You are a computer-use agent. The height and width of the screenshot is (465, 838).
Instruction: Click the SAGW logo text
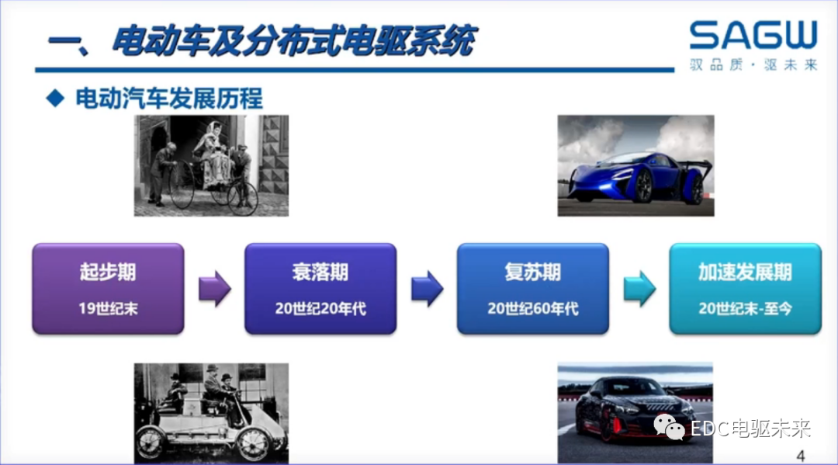(753, 36)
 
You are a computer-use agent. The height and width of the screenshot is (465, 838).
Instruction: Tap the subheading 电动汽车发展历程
(169, 99)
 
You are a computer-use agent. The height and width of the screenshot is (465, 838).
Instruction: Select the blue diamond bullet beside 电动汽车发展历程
(54, 98)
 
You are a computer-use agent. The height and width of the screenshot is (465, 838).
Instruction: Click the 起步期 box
(108, 289)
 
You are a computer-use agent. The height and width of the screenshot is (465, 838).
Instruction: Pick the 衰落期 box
(320, 289)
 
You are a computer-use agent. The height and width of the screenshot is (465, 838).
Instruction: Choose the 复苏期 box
(532, 289)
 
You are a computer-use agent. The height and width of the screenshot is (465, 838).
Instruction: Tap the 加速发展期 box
(745, 289)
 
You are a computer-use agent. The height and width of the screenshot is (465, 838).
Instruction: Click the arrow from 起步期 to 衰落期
(215, 289)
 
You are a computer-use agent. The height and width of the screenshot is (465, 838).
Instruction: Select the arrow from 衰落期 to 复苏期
(427, 289)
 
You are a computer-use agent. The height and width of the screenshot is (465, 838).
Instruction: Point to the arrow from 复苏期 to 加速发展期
(639, 289)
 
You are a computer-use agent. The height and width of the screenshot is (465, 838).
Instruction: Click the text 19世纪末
(108, 308)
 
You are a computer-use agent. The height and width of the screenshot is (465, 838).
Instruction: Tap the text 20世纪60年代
(532, 308)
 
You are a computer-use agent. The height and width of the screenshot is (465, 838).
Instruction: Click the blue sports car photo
(635, 165)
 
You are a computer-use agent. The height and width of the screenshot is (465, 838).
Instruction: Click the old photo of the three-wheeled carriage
(211, 165)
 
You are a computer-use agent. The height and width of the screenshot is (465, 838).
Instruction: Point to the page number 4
(802, 454)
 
